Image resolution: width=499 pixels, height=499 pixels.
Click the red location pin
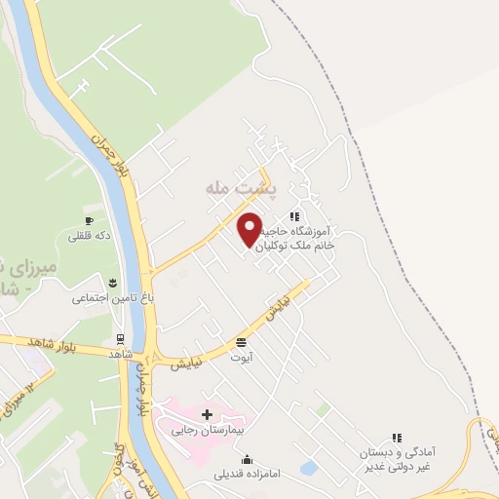click(250, 227)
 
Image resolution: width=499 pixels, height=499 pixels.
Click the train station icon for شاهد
click(120, 340)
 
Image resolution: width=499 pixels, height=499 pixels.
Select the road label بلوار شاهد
click(29, 342)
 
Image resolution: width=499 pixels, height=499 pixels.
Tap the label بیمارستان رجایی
click(208, 429)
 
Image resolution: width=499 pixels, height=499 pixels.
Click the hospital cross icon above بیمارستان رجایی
click(207, 414)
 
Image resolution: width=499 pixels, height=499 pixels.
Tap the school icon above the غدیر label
click(396, 440)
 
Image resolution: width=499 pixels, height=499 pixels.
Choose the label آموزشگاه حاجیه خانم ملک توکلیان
click(316, 240)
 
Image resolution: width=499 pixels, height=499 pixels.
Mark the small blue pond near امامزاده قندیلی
click(308, 468)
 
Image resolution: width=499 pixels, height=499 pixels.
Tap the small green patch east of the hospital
click(321, 410)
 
